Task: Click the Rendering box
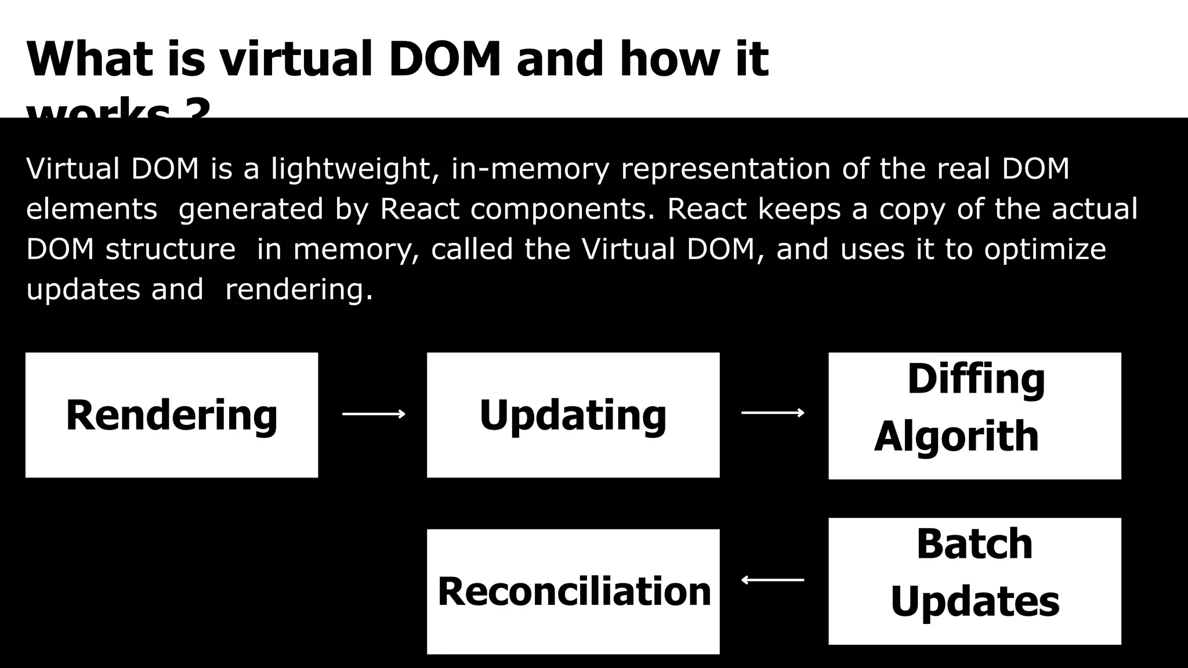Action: [172, 415]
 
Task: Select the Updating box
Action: [573, 415]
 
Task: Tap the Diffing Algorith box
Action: [975, 416]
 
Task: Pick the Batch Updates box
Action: [975, 581]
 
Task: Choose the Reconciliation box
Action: [573, 591]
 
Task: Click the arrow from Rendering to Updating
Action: [374, 413]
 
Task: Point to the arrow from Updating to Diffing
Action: [773, 413]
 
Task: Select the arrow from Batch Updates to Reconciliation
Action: [773, 580]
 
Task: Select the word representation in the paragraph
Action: [725, 169]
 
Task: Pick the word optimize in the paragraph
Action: [1045, 249]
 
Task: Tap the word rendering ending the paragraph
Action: [298, 289]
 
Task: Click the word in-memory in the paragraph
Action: [530, 169]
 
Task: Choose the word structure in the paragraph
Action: [171, 249]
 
